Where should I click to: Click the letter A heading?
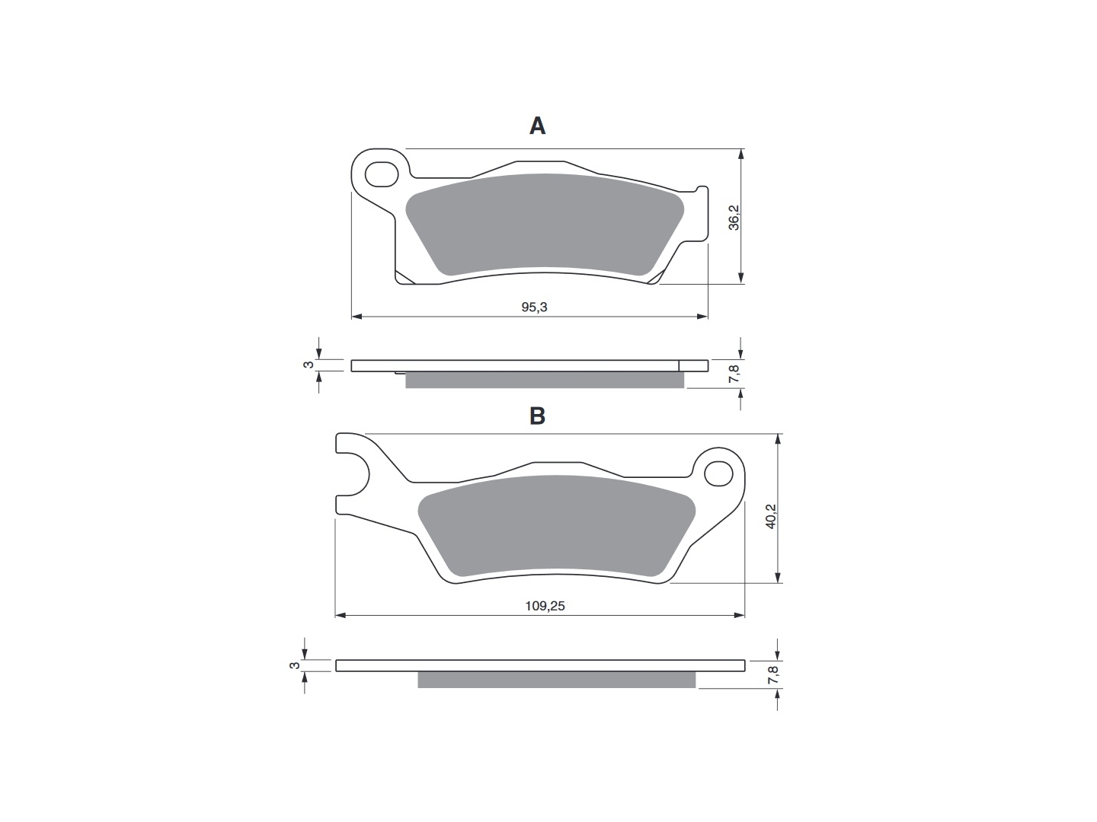point(537,126)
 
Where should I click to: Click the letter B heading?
point(537,416)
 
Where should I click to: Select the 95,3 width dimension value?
point(534,307)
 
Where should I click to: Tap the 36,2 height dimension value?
point(733,217)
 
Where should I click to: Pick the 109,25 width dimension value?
point(545,606)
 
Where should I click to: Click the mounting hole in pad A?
point(382,175)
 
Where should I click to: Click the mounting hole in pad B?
point(718,473)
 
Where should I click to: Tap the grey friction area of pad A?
point(544,224)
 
